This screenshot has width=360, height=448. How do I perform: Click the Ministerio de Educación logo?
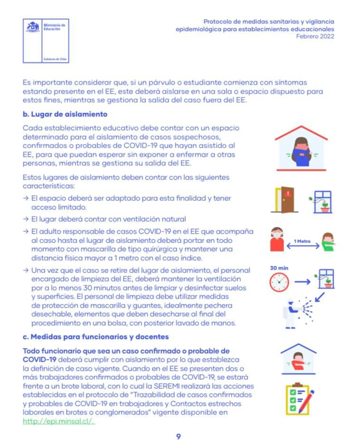coord(46,41)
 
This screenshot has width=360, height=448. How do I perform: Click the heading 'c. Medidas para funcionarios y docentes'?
coord(95,337)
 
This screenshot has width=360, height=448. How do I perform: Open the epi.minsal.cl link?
coord(59,421)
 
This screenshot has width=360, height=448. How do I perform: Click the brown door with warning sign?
coord(284,199)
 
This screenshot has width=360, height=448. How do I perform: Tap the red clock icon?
coord(279,283)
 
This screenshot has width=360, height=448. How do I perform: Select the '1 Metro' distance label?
coord(302,242)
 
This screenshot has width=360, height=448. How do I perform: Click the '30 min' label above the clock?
coord(279,268)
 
